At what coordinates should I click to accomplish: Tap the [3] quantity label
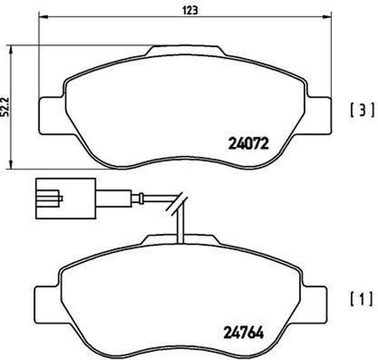tap(357, 111)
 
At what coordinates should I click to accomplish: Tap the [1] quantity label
tap(357, 296)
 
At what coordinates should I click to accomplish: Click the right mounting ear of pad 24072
tap(320, 115)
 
